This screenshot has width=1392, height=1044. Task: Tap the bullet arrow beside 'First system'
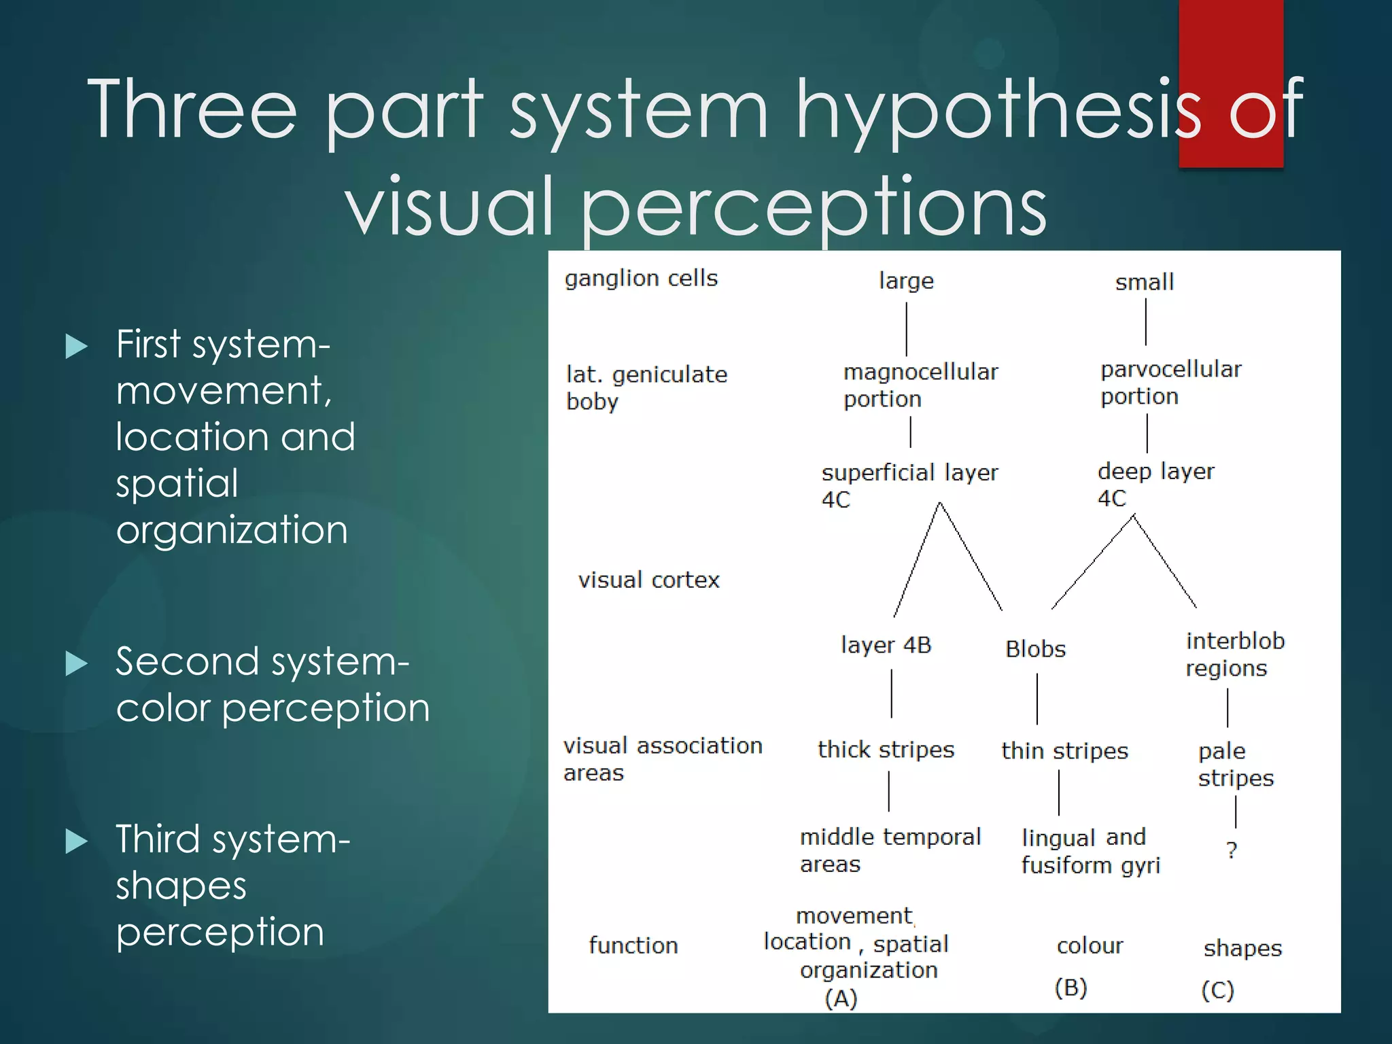(76, 347)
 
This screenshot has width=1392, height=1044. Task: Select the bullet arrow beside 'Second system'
(76, 663)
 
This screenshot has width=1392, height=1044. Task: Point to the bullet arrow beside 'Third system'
(76, 841)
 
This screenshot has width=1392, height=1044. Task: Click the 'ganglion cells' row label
(641, 279)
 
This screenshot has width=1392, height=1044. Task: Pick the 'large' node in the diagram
(906, 281)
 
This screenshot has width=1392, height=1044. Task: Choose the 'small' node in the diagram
(1145, 282)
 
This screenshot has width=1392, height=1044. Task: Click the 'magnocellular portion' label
(920, 385)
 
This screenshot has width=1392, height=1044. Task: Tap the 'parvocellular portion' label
(1170, 383)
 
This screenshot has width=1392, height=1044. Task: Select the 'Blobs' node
(1035, 649)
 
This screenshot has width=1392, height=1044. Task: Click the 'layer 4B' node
(886, 645)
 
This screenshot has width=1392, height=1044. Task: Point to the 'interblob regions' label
(1234, 655)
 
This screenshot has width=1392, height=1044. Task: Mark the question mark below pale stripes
(1232, 850)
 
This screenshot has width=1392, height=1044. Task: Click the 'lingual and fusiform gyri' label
(1090, 851)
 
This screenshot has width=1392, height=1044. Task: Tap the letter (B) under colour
(1071, 988)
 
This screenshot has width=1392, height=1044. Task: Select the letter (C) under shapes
(1217, 990)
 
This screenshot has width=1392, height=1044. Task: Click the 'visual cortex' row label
(648, 580)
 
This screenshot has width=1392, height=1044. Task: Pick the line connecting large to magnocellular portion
(907, 329)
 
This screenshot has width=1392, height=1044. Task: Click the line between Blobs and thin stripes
(1037, 699)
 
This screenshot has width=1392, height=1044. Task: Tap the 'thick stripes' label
(886, 750)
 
